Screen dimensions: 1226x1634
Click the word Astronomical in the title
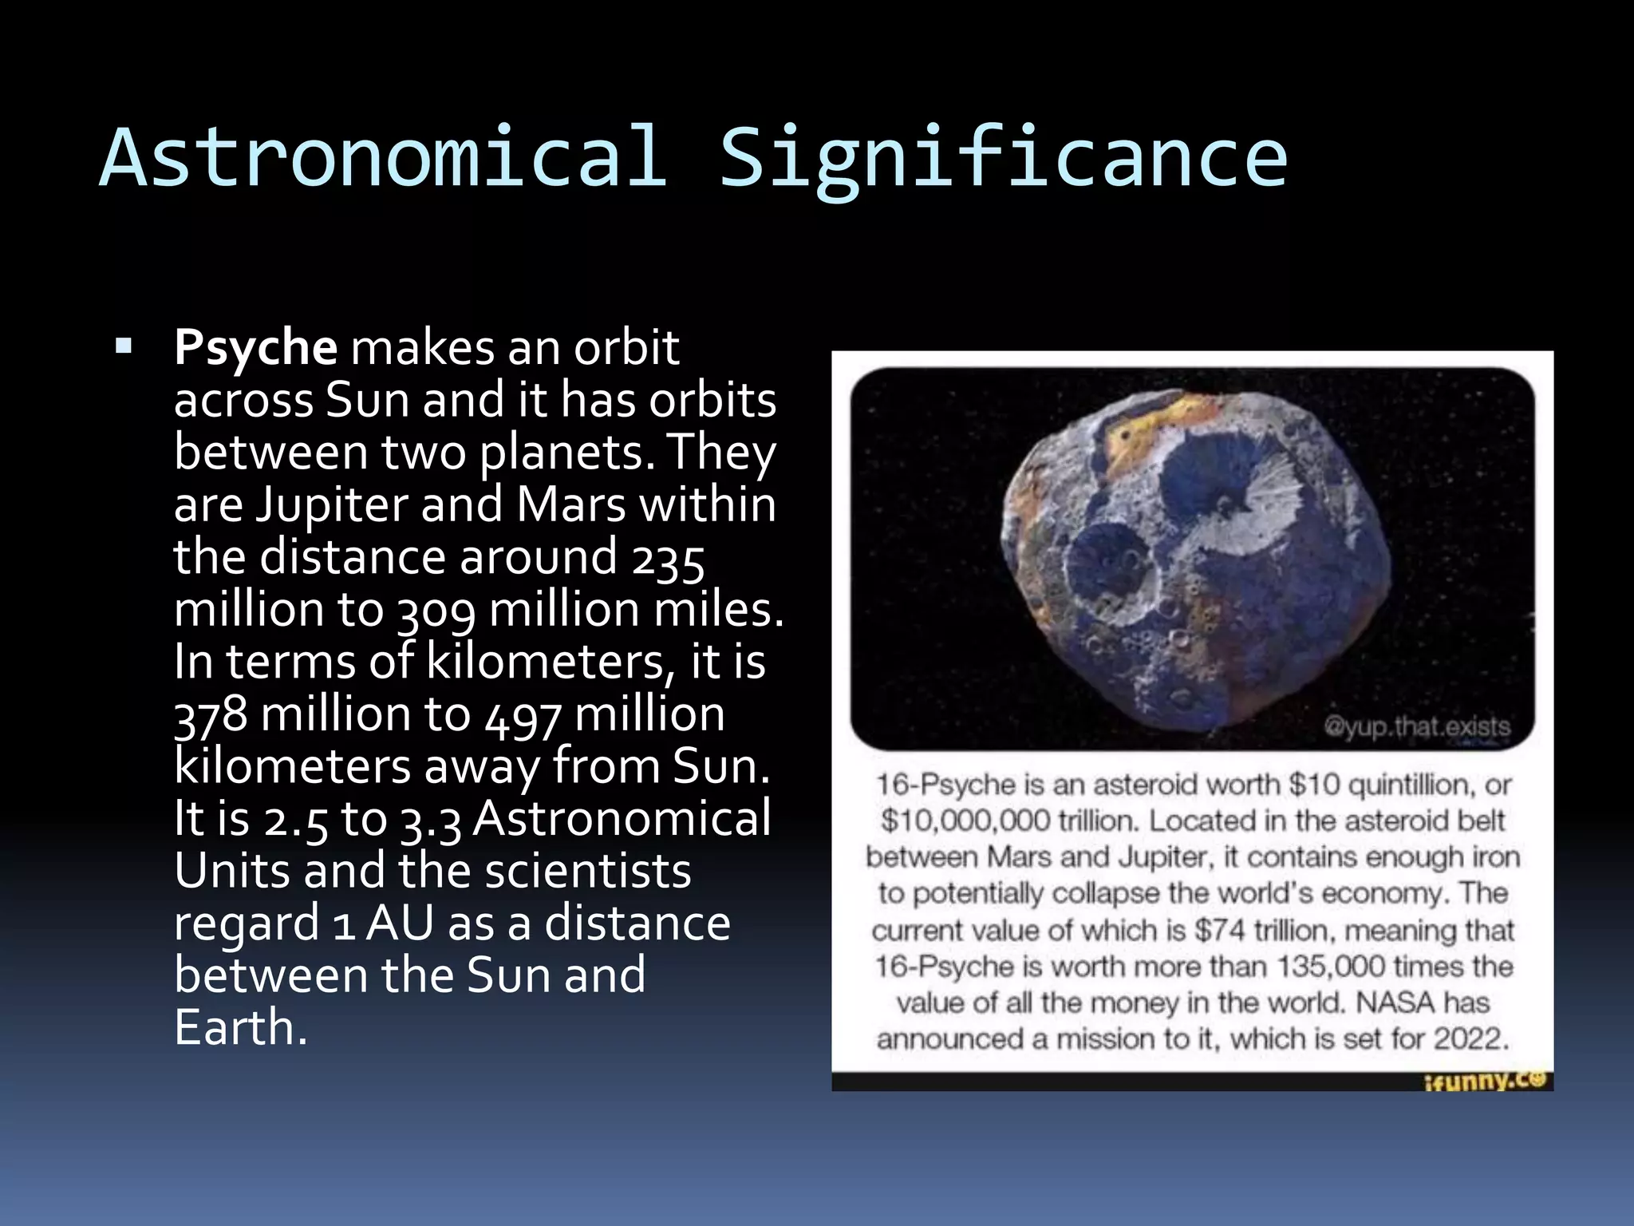[383, 158]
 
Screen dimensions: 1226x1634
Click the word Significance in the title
[1003, 158]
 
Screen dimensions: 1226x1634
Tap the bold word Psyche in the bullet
[255, 348]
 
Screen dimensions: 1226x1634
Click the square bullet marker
[124, 346]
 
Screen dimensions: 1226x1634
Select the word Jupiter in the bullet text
[330, 504]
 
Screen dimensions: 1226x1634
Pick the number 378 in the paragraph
[211, 714]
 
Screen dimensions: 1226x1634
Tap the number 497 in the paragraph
[523, 714]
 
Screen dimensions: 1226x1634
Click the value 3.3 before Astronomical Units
[431, 820]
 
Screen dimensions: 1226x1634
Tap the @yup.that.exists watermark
[1417, 727]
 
